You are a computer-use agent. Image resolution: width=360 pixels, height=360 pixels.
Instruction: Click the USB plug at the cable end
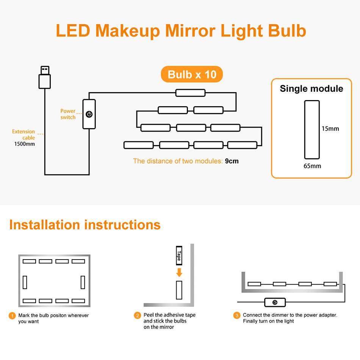tap(45, 77)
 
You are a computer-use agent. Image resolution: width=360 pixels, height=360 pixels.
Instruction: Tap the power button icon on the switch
tap(89, 114)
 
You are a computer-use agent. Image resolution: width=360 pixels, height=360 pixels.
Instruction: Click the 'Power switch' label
tap(68, 114)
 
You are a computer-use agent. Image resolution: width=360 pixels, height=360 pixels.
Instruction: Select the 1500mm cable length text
tap(25, 144)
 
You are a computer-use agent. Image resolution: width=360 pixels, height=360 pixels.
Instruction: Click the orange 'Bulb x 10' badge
tap(192, 74)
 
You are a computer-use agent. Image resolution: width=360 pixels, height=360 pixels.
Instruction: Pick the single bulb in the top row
tap(190, 93)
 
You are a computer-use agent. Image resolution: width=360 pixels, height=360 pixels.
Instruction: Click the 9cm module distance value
tap(232, 161)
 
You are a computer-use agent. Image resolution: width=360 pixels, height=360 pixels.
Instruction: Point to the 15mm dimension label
tap(330, 128)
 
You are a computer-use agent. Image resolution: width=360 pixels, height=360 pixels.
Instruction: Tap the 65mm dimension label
tap(312, 166)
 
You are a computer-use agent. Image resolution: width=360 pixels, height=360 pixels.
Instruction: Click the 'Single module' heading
tap(311, 89)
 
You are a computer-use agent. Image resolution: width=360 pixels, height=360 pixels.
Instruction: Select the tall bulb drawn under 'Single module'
tap(312, 130)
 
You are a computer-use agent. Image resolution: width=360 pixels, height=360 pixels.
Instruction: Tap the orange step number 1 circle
tap(12, 316)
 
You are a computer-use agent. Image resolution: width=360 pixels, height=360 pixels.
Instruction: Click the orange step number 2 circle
tap(137, 315)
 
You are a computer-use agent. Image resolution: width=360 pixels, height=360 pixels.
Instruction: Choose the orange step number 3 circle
tap(237, 315)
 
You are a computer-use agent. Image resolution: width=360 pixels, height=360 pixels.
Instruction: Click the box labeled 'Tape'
tap(179, 255)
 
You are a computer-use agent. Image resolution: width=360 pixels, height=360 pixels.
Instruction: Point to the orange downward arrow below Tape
tap(179, 272)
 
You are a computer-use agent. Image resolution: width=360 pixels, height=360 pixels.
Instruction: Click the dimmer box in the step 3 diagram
tap(275, 302)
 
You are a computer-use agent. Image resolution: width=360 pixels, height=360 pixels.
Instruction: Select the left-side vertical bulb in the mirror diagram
tap(25, 282)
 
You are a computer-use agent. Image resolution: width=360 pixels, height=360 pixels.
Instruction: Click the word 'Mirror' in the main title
tap(190, 31)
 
